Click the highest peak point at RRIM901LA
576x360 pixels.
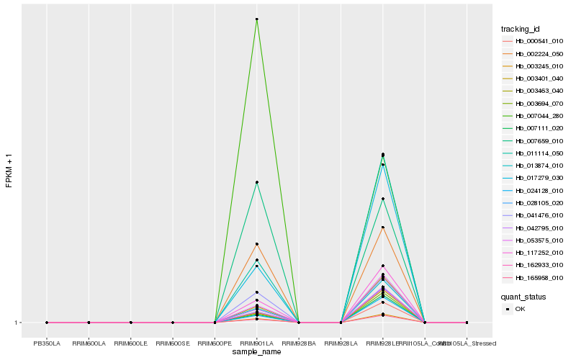pos(257,19)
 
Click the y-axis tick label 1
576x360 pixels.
pos(16,323)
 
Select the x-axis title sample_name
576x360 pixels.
pos(257,351)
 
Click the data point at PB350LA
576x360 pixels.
pos(47,323)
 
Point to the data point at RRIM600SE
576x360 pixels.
pos(173,323)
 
